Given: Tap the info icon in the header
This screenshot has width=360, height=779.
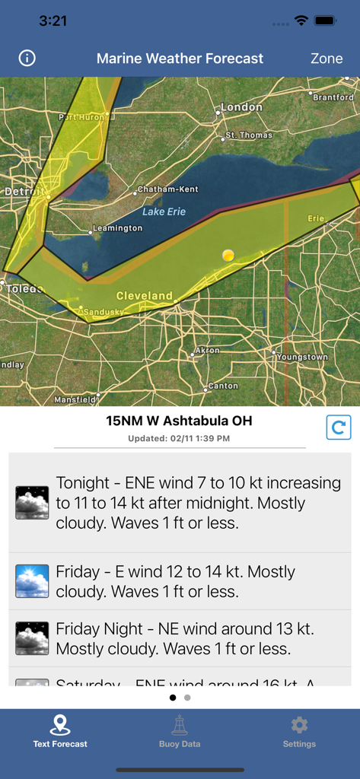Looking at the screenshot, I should point(27,58).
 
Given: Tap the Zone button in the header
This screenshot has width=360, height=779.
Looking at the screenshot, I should point(327,59).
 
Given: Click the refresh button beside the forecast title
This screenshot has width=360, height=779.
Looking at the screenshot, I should point(339,428).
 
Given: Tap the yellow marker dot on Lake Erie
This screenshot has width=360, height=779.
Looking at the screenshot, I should point(228,256).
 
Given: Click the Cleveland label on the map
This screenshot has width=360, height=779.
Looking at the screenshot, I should point(144,295).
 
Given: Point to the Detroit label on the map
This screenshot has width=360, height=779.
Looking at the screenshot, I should point(20,192).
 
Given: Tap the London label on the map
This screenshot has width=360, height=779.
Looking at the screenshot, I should point(241,107).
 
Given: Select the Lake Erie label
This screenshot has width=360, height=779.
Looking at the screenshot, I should point(164,211).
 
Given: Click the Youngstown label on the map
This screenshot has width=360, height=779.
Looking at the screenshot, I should point(302,356).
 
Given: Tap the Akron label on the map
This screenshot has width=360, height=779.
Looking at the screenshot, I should point(208,351).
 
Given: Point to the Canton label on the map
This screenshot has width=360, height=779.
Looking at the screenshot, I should point(223,386).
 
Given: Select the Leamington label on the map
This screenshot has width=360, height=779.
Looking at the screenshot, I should point(117,228).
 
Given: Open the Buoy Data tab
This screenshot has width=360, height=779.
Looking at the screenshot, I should point(180,731).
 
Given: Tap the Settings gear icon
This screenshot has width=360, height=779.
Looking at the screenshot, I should point(299,724).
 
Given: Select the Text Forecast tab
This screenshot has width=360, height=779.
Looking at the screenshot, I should point(60,731).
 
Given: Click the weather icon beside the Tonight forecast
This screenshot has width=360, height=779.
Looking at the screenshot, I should point(32,503).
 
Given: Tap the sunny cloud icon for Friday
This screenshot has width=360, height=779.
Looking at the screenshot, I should point(32,581).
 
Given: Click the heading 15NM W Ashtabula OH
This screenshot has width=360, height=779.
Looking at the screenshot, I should point(179,421).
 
